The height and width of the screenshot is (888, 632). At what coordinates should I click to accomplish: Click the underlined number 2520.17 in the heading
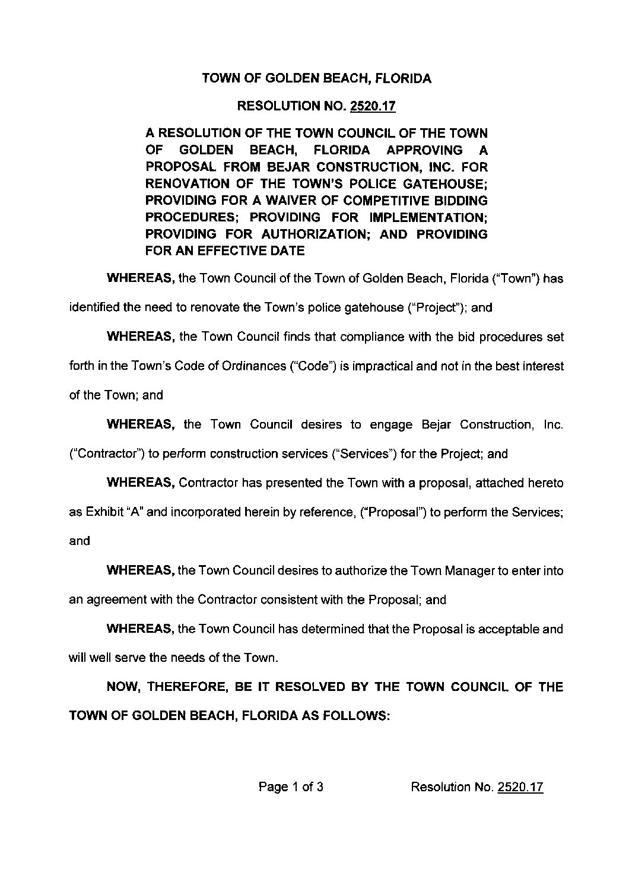pos(373,107)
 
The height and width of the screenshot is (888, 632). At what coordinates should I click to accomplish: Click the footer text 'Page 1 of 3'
pos(291,787)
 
